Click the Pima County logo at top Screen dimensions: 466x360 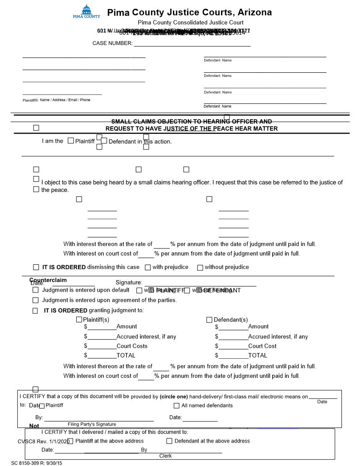[x=86, y=11]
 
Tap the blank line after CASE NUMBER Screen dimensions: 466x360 [x=192, y=45]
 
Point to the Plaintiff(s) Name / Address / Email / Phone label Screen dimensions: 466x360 [x=56, y=100]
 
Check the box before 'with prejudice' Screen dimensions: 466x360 [x=148, y=267]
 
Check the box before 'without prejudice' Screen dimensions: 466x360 [x=200, y=267]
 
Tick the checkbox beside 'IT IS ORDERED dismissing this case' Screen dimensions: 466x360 [x=36, y=267]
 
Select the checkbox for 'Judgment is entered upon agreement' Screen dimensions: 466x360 [x=35, y=301]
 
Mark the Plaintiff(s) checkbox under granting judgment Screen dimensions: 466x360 [x=79, y=320]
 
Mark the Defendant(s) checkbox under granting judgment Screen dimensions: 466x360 [x=210, y=320]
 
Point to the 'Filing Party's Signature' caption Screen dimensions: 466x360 [x=92, y=424]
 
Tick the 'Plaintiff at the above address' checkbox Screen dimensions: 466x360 [x=71, y=441]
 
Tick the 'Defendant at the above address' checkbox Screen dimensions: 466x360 [x=169, y=441]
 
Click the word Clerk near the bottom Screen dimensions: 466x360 [x=165, y=456]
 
